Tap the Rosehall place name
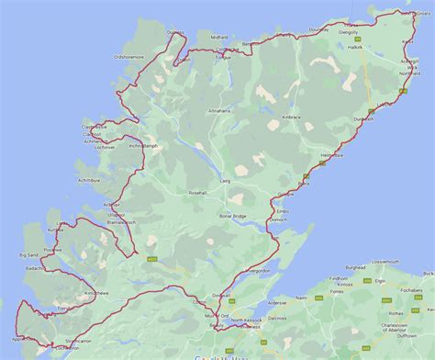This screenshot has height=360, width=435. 201,193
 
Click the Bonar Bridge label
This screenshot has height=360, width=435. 232,216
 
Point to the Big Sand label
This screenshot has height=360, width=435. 31,254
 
